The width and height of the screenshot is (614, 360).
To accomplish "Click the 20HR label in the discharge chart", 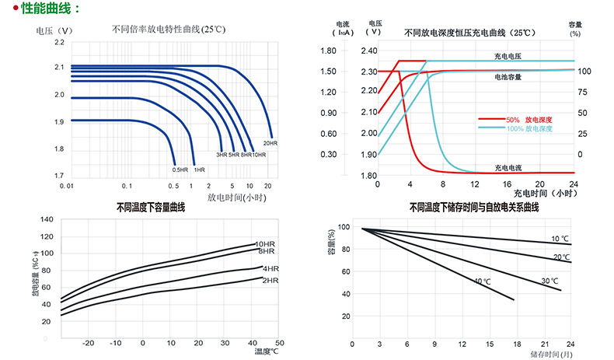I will pyautogui.click(x=270, y=144).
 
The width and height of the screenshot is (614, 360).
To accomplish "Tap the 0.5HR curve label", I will pyautogui.click(x=180, y=170).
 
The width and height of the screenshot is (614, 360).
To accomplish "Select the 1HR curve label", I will pyautogui.click(x=200, y=170).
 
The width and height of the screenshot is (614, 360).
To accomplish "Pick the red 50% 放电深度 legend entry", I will pyautogui.click(x=529, y=120).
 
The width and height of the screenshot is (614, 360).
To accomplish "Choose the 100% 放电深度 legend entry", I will pyautogui.click(x=529, y=128).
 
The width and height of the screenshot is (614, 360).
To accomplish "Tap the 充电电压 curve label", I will pyautogui.click(x=508, y=56).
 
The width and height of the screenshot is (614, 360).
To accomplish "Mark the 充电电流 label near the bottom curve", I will pyautogui.click(x=508, y=167).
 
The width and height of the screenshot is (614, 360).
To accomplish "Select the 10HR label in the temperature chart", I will pyautogui.click(x=266, y=244).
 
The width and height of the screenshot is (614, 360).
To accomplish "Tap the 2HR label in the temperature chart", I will pyautogui.click(x=270, y=280).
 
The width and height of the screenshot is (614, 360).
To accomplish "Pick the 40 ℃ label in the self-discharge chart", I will pyautogui.click(x=482, y=280).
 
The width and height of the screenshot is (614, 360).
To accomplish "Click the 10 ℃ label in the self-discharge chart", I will pyautogui.click(x=560, y=238).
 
